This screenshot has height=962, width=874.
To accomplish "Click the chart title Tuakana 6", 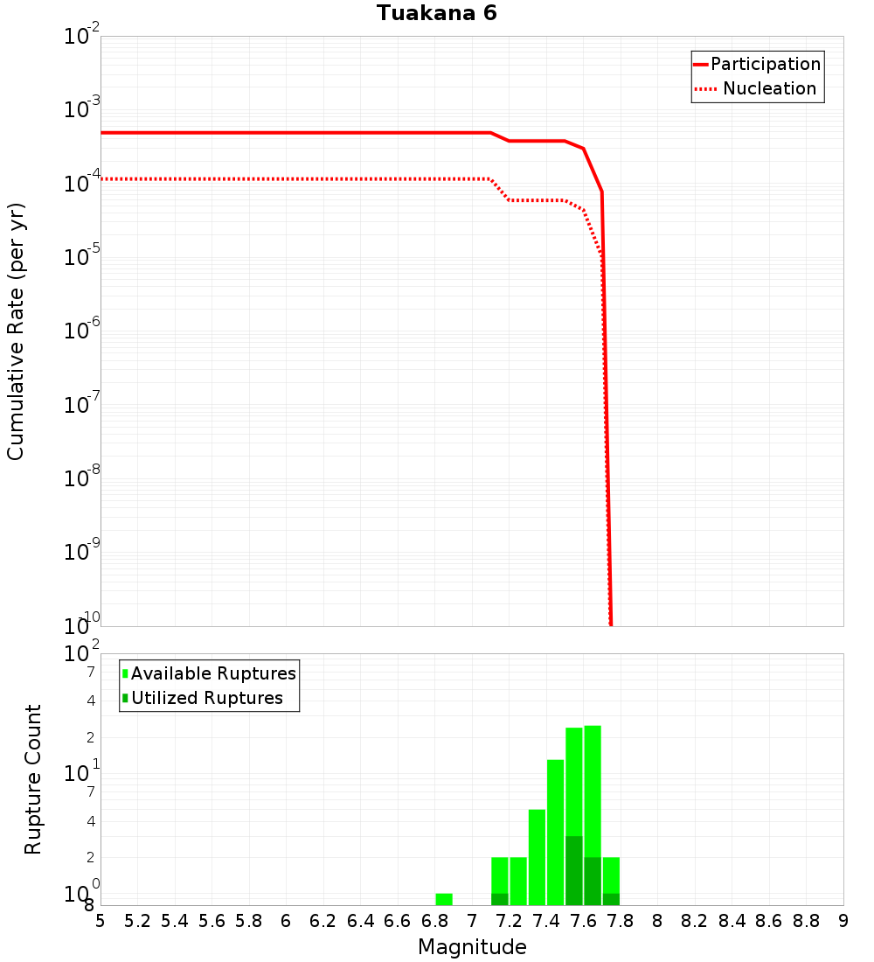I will pyautogui.click(x=437, y=14).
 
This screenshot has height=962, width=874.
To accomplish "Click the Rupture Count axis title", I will pyautogui.click(x=33, y=779).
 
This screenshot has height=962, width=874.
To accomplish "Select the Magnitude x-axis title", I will pyautogui.click(x=472, y=947).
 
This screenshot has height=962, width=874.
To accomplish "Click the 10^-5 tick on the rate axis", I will pyautogui.click(x=81, y=257).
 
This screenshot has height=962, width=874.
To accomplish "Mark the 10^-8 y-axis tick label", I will pyautogui.click(x=81, y=478).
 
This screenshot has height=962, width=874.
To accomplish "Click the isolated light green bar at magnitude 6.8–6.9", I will pyautogui.click(x=444, y=899).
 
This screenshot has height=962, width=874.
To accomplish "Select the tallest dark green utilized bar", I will pyautogui.click(x=573, y=870).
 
